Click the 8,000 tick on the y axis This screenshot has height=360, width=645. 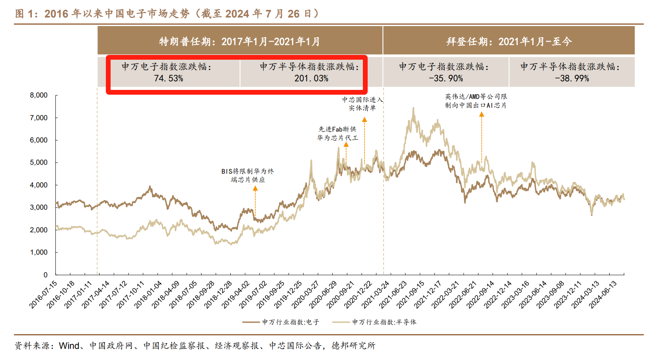point(39,95)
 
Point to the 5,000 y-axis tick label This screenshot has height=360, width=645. point(39,163)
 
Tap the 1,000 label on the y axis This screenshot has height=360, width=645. point(39,253)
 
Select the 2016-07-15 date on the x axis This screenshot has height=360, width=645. point(43,295)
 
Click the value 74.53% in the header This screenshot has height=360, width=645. point(168,78)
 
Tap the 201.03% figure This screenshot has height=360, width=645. point(311,78)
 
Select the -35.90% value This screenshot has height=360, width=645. point(446,78)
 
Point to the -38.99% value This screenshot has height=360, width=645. point(572,78)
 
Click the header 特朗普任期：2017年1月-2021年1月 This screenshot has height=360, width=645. point(240,41)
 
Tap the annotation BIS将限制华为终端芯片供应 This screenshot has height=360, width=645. point(247,175)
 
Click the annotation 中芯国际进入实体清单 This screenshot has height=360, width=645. point(362,104)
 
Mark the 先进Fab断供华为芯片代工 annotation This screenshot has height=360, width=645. point(337,134)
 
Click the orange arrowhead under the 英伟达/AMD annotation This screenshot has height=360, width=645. point(481,115)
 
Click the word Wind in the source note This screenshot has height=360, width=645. point(69,346)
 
